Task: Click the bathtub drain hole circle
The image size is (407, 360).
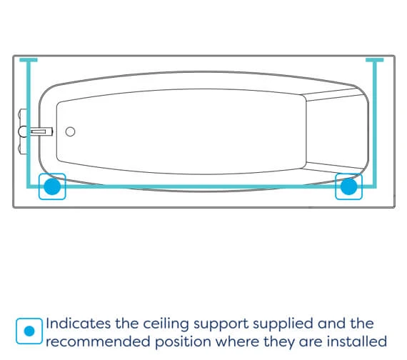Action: click(71, 131)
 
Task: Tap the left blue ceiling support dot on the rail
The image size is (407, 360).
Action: click(52, 186)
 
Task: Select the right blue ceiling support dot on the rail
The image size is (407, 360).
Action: click(348, 186)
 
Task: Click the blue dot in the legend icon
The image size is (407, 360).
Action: click(29, 331)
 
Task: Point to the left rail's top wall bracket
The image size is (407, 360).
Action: click(29, 60)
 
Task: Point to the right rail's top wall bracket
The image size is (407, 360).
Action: click(375, 60)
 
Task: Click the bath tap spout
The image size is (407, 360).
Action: click(41, 131)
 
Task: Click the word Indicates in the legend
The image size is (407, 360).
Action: click(78, 324)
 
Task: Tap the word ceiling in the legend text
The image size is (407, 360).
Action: click(166, 324)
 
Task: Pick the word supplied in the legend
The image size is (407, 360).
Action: click(283, 324)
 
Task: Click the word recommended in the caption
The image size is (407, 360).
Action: click(98, 342)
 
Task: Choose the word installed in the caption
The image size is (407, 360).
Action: click(356, 342)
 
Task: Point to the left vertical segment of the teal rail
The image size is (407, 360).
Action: click(29, 124)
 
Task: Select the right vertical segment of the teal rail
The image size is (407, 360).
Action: click(375, 124)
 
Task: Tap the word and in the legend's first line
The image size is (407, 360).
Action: click(331, 324)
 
